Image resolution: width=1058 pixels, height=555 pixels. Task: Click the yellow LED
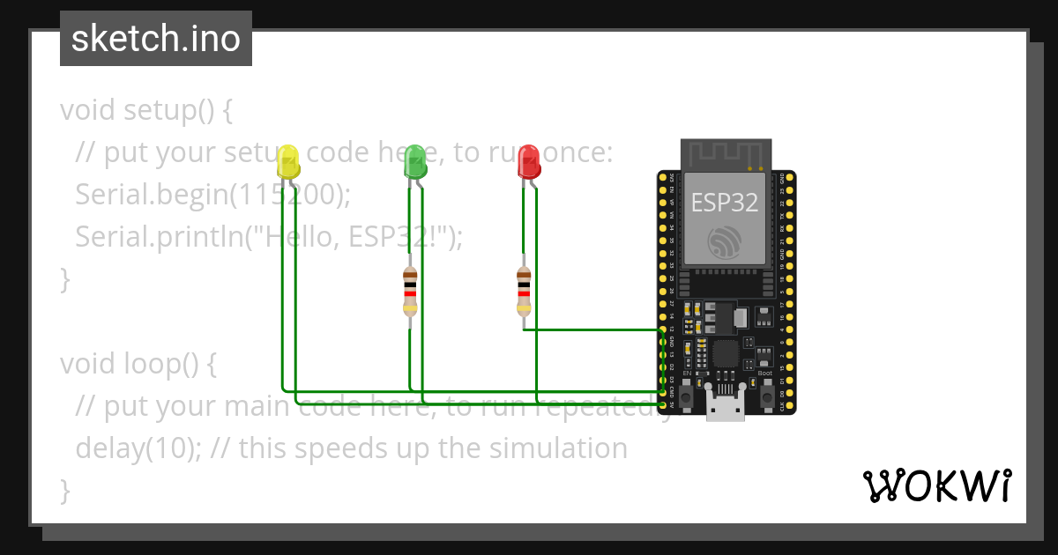click(287, 162)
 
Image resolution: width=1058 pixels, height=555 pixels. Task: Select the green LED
click(415, 162)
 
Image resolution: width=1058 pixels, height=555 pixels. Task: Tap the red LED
click(528, 162)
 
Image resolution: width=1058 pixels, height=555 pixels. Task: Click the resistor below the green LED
click(409, 292)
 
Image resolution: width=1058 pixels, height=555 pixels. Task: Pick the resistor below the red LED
click(524, 292)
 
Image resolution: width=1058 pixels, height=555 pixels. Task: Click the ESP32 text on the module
click(724, 203)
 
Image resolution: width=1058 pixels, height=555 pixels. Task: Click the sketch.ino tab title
click(156, 39)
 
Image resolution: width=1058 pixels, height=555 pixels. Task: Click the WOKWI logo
click(936, 485)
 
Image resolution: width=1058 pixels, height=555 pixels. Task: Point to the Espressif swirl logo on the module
click(725, 241)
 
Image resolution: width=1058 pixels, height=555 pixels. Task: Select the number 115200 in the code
click(285, 195)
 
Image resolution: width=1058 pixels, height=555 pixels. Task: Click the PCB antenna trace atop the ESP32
click(725, 155)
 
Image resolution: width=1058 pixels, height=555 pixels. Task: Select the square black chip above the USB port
click(725, 353)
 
